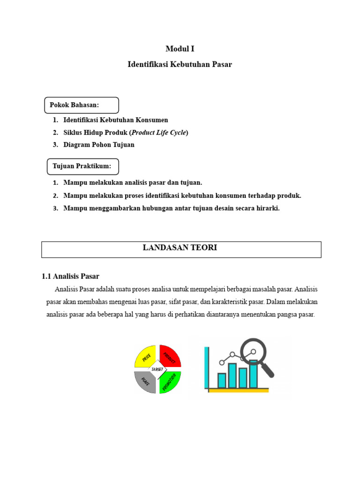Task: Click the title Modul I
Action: point(180,49)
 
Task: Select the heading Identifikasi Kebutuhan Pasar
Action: point(180,64)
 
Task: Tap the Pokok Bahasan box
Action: point(81,105)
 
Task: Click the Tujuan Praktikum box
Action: point(82,166)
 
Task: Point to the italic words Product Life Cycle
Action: point(159,133)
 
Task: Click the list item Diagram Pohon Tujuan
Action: point(99,145)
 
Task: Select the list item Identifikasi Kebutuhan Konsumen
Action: point(116,120)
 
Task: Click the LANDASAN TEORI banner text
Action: point(180,248)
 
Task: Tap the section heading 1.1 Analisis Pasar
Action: point(70,276)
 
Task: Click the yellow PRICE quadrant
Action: point(145,356)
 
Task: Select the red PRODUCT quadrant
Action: point(170,356)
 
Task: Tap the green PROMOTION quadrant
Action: point(170,382)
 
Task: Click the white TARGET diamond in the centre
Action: point(157,369)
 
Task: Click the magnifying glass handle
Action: point(268,370)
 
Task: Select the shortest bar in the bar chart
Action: point(222,380)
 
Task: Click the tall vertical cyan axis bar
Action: point(207,368)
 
